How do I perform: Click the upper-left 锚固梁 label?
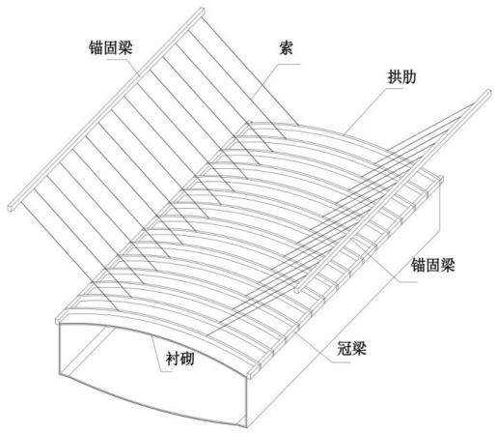pos(111,47)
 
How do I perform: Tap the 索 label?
pos(286,47)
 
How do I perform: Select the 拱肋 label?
pos(401,77)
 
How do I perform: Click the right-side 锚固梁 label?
pos(433,265)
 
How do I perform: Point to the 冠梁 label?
pos(352,348)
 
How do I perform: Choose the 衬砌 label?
pos(179,359)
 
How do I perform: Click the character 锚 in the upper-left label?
pos(96,47)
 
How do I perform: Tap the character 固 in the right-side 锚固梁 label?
pos(433,265)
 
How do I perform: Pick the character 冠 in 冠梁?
pos(345,348)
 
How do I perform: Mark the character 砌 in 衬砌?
pos(187,359)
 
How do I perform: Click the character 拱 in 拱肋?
pos(395,77)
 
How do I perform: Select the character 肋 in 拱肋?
pos(409,77)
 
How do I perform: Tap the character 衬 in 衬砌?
pos(173,359)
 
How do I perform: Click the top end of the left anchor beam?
pos(202,12)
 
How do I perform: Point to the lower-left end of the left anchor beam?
pos(12,208)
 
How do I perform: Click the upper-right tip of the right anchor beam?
pos(488,93)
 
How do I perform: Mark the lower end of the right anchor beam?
pos(297,290)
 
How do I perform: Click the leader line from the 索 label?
pos(276,81)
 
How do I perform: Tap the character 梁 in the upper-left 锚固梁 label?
pos(125,47)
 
